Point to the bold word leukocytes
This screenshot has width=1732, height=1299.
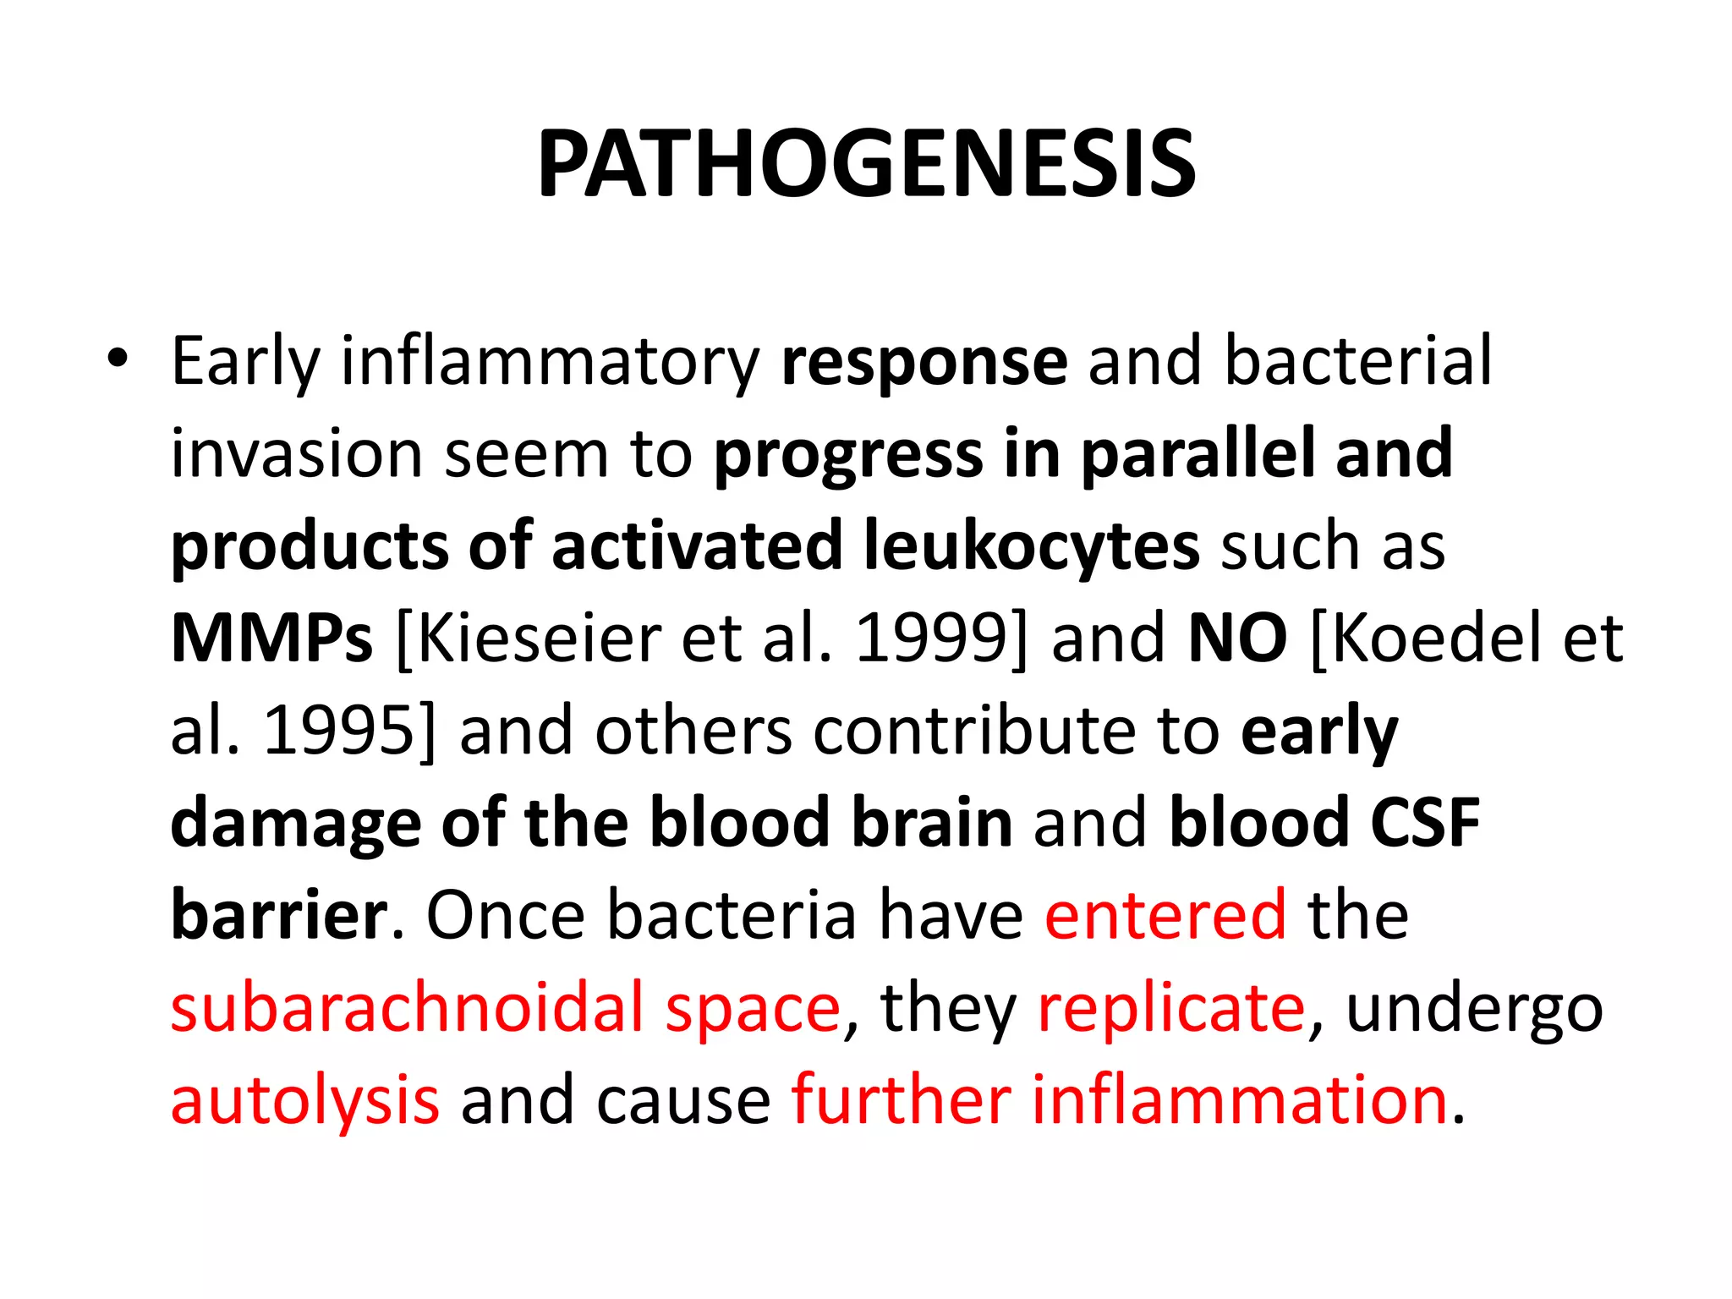pyautogui.click(x=1031, y=546)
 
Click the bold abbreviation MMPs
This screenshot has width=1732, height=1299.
pyautogui.click(x=271, y=639)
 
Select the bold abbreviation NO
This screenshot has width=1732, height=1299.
pyautogui.click(x=1237, y=639)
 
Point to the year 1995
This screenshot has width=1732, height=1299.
pyautogui.click(x=338, y=731)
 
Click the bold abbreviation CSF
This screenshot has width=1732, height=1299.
pyautogui.click(x=1425, y=823)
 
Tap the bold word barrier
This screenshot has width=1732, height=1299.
pyautogui.click(x=279, y=915)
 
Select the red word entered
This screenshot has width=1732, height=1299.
pyautogui.click(x=1165, y=915)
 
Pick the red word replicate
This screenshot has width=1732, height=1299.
pyautogui.click(x=1171, y=1008)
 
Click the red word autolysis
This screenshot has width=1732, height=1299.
pyautogui.click(x=304, y=1100)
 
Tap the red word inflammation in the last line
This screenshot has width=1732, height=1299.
pyautogui.click(x=1239, y=1100)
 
